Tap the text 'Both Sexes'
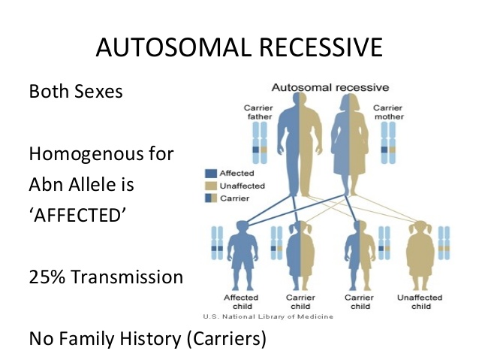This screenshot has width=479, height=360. point(76,93)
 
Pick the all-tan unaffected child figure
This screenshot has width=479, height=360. point(419,252)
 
